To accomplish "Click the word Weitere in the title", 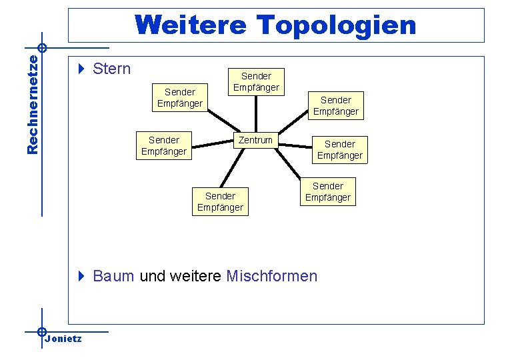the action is pos(192,25).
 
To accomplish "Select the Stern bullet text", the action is pos(112,69).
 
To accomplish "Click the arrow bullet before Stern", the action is pos(81,69).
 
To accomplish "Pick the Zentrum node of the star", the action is pos(255,140).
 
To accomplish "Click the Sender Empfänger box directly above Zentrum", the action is pos(256,81).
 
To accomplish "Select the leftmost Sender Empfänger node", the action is pos(164,146).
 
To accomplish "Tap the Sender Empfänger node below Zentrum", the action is pos(220,201).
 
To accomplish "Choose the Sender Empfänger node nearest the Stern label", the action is pos(179,97).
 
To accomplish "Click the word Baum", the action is pos(113,276).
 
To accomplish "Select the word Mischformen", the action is pos(272,276).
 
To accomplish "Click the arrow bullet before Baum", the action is pos(81,276).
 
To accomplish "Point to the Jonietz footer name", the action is pos(64,339).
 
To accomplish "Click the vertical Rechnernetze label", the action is pos(33,104).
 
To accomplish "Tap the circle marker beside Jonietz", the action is pos(41,331).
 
